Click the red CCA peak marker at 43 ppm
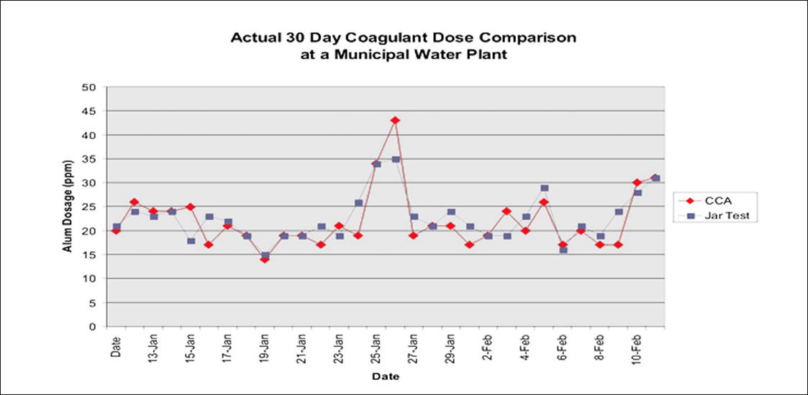tap(395, 120)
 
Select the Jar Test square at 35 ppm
tap(396, 159)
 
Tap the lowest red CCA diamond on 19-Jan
tap(264, 259)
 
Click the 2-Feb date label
tap(488, 350)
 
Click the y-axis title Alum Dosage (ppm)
tap(68, 206)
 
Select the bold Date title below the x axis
tap(386, 376)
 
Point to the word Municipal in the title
tap(368, 55)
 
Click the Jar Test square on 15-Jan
tap(191, 240)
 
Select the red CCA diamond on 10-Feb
tap(637, 182)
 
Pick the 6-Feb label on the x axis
tap(563, 350)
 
